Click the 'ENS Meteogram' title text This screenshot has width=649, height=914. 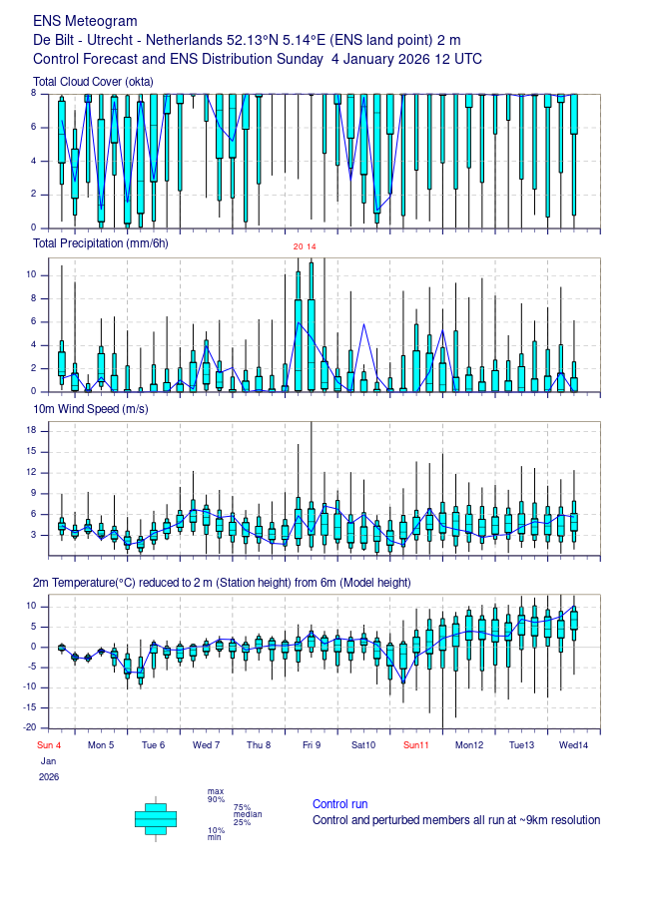(85, 21)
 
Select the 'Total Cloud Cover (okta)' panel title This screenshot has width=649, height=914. (93, 82)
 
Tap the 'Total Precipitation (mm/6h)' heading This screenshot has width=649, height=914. (101, 243)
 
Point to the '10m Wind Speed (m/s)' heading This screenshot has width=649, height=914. (91, 409)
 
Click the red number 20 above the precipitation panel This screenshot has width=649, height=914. (298, 246)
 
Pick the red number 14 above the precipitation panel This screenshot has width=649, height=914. (312, 246)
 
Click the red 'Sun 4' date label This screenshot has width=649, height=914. (49, 745)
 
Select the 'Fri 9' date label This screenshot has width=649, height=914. (312, 745)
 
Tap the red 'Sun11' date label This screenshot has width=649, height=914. (416, 745)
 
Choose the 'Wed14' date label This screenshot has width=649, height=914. (574, 745)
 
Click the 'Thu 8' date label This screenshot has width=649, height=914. (259, 745)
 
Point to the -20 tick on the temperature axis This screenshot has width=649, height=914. (30, 727)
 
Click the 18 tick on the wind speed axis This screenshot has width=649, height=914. (32, 430)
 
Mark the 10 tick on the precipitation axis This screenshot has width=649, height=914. (32, 274)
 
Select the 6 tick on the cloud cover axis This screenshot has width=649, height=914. (34, 127)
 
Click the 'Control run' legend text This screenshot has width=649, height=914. (339, 804)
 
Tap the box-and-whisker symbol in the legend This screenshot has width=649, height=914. (156, 819)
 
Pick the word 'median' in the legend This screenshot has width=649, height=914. (248, 814)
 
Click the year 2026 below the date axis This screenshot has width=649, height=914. (49, 777)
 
